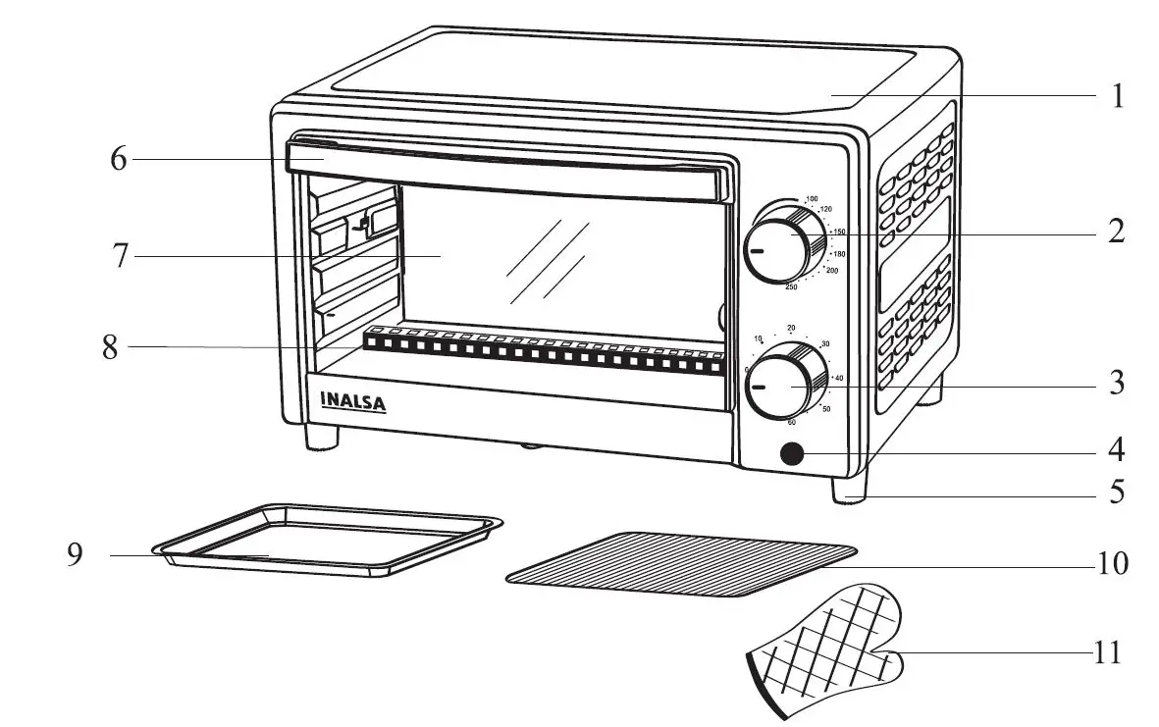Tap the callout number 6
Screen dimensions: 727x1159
[x=118, y=159]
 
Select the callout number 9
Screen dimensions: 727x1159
[x=75, y=555]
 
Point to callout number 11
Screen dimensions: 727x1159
[x=1107, y=652]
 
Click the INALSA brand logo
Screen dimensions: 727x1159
[x=353, y=401]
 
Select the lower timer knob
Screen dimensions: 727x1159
[x=784, y=386]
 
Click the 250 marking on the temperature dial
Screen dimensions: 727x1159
[x=791, y=286]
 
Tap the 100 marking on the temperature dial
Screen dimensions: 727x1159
[x=812, y=199]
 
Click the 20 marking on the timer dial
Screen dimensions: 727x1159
[x=791, y=328]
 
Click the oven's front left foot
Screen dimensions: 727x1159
[x=322, y=438]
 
